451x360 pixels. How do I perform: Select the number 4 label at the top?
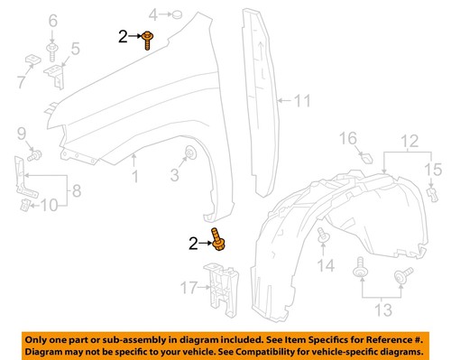pos(154,14)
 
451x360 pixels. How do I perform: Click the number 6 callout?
pos(51,20)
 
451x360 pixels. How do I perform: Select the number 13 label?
pos(382,311)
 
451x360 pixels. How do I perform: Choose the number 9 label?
pos(21,136)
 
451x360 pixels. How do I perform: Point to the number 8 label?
pos(75,190)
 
